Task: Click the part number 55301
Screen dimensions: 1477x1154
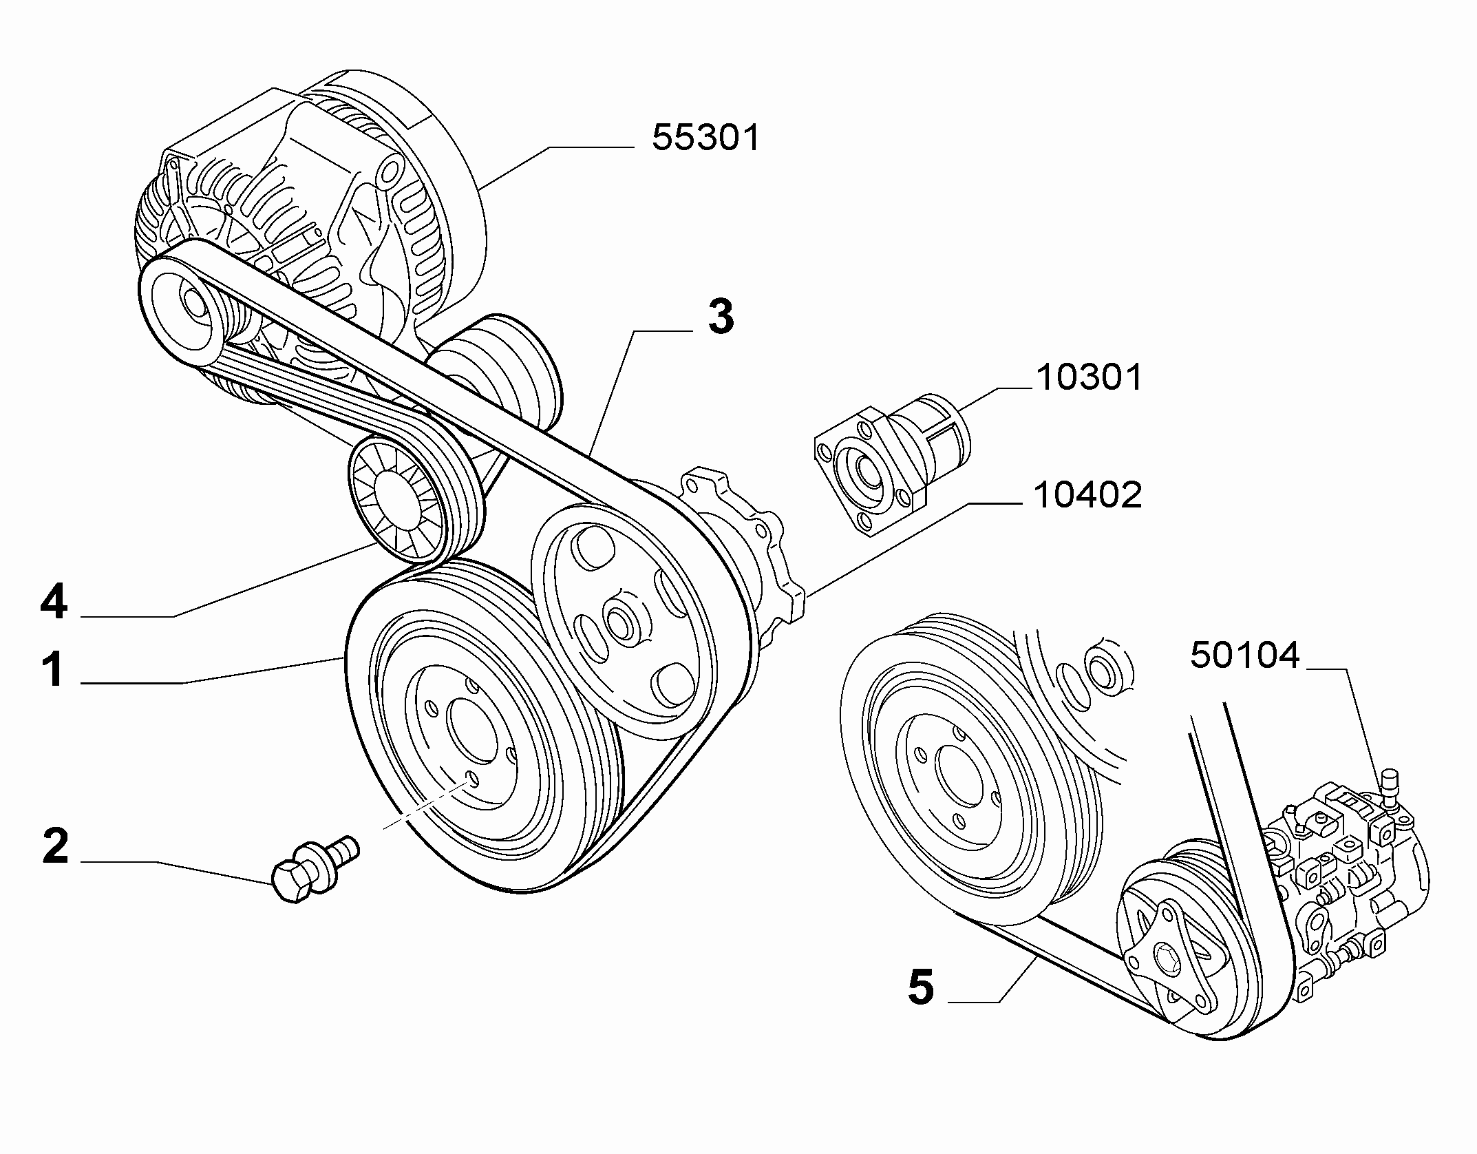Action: [x=705, y=138]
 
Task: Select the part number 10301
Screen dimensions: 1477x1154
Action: [x=1089, y=378]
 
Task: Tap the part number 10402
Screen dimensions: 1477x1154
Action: [x=1087, y=495]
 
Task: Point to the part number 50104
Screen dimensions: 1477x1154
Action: [x=1245, y=655]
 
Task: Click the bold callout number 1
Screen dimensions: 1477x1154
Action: [x=54, y=670]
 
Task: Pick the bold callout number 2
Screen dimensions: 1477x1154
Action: [x=56, y=846]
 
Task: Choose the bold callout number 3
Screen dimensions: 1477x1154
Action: [x=721, y=317]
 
